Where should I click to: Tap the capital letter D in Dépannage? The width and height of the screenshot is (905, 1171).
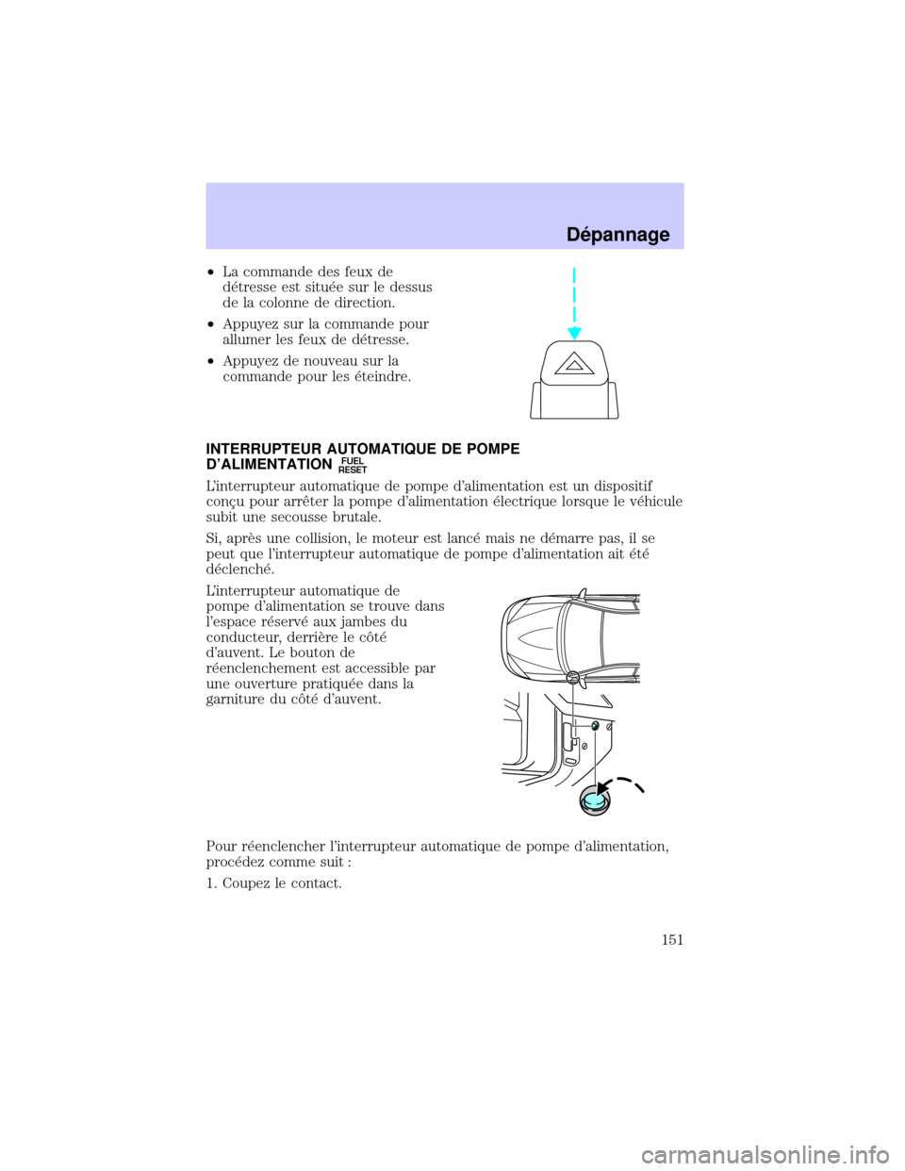pos(574,236)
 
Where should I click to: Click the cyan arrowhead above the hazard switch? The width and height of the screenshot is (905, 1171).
pos(573,330)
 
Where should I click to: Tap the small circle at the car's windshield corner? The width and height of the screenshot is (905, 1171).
pos(572,678)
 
